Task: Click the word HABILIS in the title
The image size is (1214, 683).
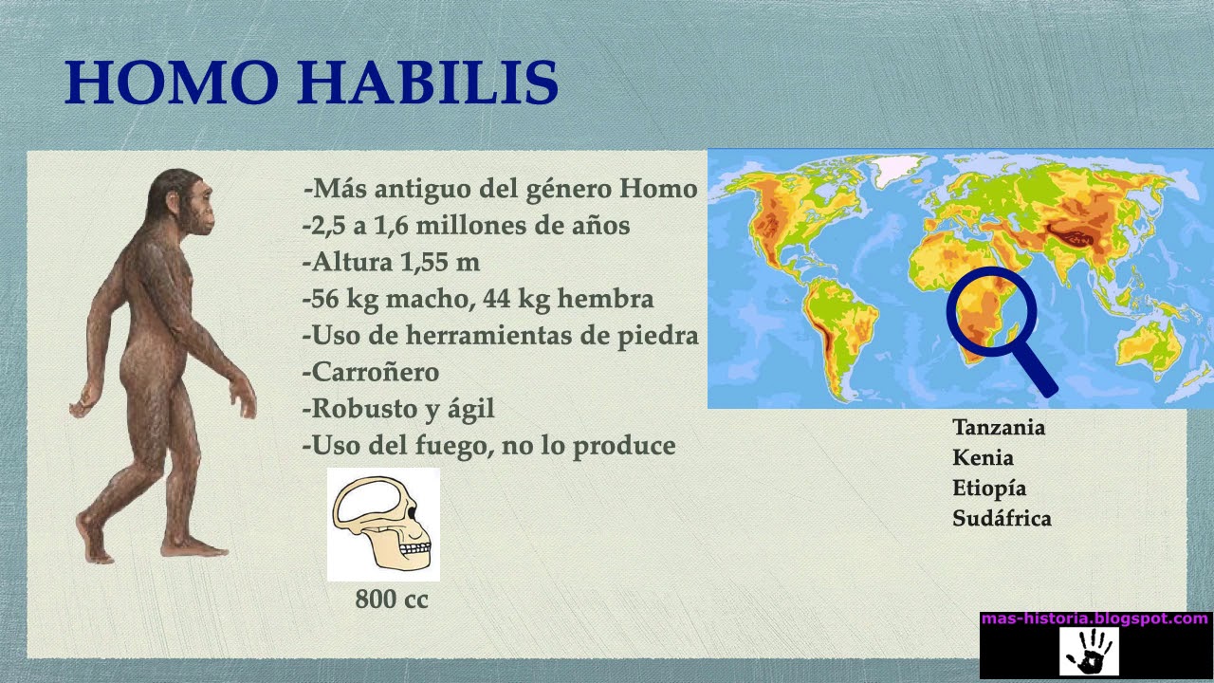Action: pos(429,83)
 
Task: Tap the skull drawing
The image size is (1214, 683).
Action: pos(383,524)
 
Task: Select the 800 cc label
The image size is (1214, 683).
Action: pos(392,600)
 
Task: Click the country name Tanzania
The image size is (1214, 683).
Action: pos(999,427)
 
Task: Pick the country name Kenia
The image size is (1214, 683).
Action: pos(983,457)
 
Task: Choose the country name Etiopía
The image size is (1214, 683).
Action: pos(989,489)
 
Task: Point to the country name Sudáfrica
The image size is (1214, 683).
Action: pos(1002,519)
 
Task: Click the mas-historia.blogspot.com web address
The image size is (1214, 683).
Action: pos(1094,618)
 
